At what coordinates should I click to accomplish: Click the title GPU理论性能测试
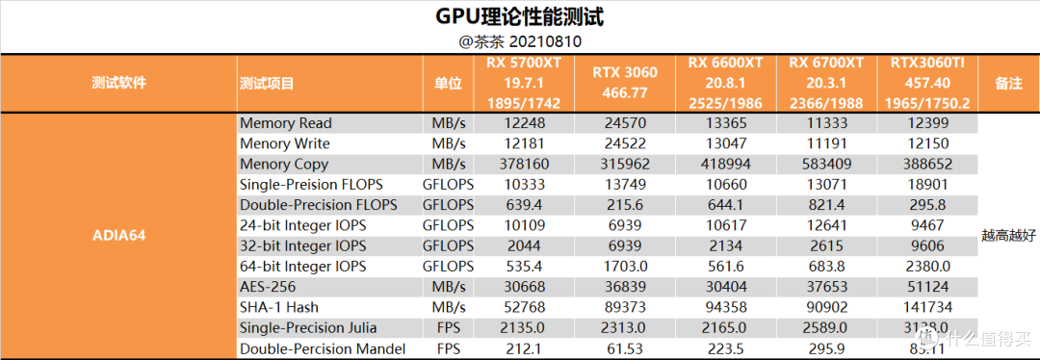[x=520, y=17]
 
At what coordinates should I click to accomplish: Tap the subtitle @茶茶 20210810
[x=520, y=42]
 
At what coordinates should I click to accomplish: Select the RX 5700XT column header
[x=523, y=84]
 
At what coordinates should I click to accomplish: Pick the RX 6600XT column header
[x=725, y=84]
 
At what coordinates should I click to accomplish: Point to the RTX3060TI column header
[x=927, y=84]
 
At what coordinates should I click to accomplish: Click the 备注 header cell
[x=1008, y=84]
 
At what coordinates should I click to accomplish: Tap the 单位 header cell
[x=448, y=84]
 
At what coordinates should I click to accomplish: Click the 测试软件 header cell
[x=118, y=84]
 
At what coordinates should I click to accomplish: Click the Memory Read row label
[x=285, y=123]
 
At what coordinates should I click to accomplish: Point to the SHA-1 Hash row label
[x=278, y=307]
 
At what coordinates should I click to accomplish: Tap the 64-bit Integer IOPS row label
[x=302, y=267]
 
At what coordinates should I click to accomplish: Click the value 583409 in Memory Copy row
[x=826, y=165]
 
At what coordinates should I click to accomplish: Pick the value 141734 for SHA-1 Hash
[x=927, y=307]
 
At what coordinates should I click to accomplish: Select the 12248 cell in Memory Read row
[x=523, y=123]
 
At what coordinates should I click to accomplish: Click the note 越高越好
[x=1008, y=235]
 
